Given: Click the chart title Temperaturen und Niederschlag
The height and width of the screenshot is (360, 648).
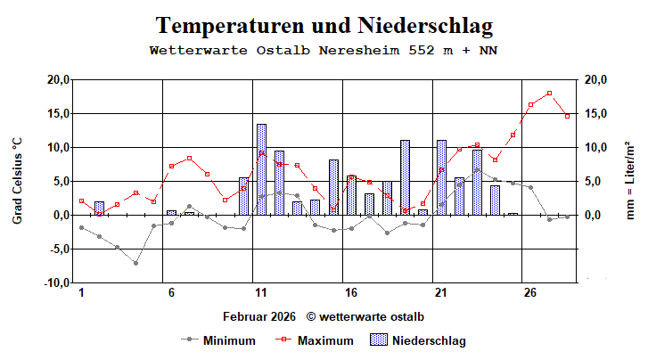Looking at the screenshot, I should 324,25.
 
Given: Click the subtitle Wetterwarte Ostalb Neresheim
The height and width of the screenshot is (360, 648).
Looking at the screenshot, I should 324,50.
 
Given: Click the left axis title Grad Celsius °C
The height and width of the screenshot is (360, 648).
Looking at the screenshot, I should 17,181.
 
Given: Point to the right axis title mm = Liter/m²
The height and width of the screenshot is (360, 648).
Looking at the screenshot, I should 630,181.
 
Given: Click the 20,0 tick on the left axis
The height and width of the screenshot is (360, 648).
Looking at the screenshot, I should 57,80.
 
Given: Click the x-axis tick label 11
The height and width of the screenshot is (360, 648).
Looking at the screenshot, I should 261,293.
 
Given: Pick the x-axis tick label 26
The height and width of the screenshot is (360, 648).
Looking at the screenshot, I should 530,293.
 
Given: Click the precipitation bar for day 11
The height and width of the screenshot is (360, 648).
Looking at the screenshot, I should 261,169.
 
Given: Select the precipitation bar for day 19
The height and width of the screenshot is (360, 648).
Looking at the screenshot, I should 405,177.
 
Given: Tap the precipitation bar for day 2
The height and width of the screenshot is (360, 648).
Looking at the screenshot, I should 99,209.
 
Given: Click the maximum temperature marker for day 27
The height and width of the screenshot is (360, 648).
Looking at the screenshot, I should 549,93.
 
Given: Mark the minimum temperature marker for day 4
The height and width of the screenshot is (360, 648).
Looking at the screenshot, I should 135,263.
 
